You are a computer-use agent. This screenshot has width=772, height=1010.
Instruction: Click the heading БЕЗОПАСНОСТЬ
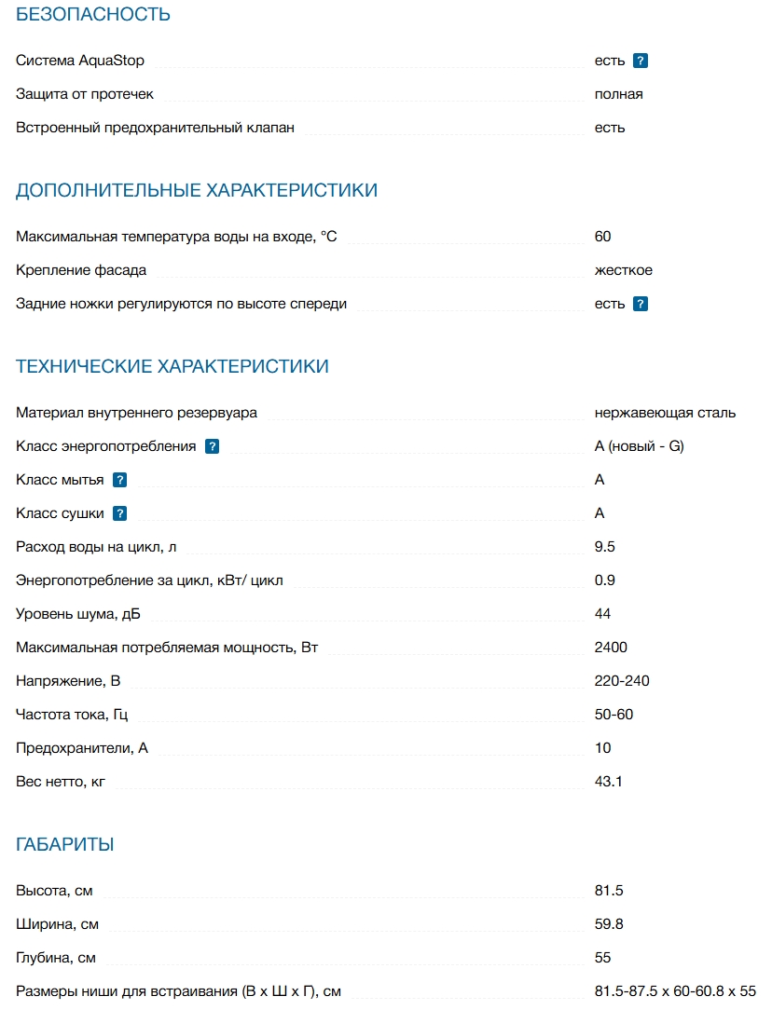pos(93,15)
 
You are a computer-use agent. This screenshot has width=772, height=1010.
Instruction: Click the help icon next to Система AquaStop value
pos(641,61)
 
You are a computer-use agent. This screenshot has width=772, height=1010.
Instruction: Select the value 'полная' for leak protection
pos(619,94)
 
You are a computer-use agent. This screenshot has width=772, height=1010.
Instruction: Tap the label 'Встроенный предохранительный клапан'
pos(155,128)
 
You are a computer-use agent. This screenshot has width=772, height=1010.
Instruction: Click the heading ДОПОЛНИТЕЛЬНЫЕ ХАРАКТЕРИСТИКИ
pos(197,191)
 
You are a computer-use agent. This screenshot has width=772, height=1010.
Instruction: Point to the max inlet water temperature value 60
pos(603,237)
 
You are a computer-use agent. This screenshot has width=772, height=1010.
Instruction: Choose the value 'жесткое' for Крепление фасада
pos(624,270)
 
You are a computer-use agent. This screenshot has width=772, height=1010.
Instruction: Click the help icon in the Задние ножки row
pos(641,304)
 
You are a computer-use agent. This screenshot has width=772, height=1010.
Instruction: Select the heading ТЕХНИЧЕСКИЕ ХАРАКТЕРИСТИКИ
pos(172,367)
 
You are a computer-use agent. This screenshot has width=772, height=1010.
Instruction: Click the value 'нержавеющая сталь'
pos(665,413)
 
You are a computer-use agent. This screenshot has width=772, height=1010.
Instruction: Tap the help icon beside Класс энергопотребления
pos(212,446)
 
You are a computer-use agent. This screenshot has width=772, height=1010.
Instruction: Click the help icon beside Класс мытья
pos(119,480)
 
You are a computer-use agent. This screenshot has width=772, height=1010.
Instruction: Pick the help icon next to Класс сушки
pos(119,513)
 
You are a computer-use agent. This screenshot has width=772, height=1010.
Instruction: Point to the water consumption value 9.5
pos(605,547)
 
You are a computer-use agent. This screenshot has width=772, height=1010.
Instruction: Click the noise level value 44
pos(603,614)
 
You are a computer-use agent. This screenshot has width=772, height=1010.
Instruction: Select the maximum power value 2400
pos(611,648)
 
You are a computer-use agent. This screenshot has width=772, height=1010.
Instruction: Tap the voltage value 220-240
pos(622,681)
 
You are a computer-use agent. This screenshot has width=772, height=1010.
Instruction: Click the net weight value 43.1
pos(609,782)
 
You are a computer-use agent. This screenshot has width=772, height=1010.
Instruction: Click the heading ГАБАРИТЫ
pos(65,845)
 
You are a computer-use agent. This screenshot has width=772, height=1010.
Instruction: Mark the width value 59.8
pos(609,924)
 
